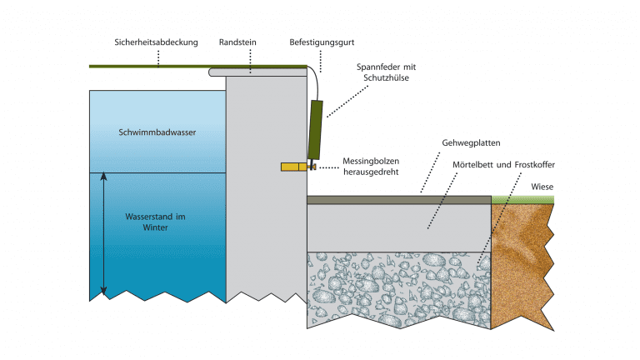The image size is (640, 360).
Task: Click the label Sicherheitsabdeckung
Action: (x=157, y=42)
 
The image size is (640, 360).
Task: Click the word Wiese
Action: (x=542, y=187)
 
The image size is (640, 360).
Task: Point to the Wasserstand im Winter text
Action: (x=157, y=221)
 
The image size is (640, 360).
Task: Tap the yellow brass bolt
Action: (x=292, y=167)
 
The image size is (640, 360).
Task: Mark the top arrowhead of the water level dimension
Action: (x=104, y=176)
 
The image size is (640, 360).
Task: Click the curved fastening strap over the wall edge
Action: (x=315, y=79)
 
